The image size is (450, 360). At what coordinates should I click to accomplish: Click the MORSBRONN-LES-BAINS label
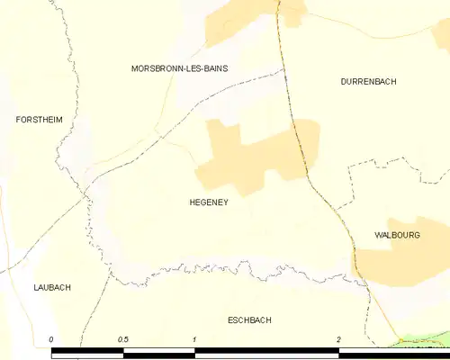pyautogui.click(x=179, y=68)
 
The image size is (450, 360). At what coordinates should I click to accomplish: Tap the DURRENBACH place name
pyautogui.click(x=368, y=82)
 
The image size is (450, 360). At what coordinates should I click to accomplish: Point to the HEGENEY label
pyautogui.click(x=208, y=202)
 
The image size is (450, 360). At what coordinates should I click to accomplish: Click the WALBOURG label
pyautogui.click(x=398, y=235)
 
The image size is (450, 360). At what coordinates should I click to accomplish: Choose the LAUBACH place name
pyautogui.click(x=52, y=288)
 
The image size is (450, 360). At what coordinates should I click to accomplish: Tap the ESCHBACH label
pyautogui.click(x=249, y=319)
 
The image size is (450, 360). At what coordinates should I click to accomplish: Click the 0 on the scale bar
pyautogui.click(x=51, y=339)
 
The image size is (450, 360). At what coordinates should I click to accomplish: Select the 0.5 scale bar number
pyautogui.click(x=122, y=339)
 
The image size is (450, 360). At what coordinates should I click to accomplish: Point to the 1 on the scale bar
pyautogui.click(x=194, y=339)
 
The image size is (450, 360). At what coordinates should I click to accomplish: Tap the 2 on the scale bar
pyautogui.click(x=338, y=339)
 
